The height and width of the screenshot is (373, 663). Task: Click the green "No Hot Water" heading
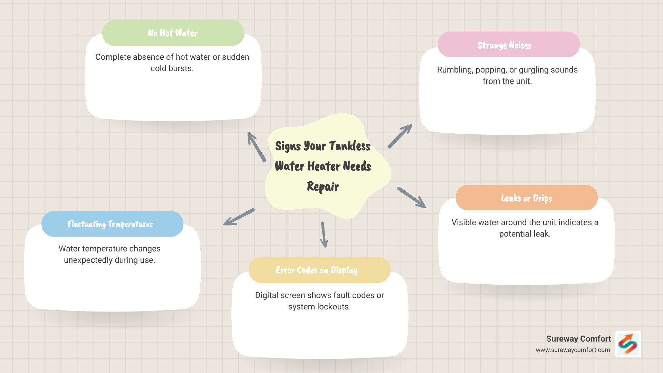[x=173, y=33]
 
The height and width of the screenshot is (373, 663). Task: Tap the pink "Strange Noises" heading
[x=505, y=45]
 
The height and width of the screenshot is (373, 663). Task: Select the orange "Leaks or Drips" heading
[x=526, y=198]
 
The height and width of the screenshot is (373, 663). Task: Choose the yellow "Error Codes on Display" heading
[x=317, y=270]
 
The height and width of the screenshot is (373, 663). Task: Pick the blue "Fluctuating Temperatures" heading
[x=110, y=224]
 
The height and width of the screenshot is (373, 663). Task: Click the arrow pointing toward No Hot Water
[x=256, y=146]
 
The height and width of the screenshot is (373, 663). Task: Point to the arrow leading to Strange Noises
[x=400, y=136]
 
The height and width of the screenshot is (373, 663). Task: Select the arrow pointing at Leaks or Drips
[x=411, y=198]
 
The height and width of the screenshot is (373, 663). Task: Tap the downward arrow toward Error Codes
[x=324, y=235]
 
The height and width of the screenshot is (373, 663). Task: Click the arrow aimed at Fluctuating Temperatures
[x=239, y=217]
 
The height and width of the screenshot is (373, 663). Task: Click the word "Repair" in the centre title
[x=323, y=186]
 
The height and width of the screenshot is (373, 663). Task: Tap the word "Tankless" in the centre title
[x=349, y=146]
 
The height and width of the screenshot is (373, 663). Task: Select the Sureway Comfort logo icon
[x=628, y=344]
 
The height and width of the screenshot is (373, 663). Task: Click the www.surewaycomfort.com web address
[x=573, y=350]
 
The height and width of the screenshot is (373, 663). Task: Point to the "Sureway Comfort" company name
[x=578, y=339]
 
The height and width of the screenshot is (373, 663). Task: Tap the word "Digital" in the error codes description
[x=266, y=295]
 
